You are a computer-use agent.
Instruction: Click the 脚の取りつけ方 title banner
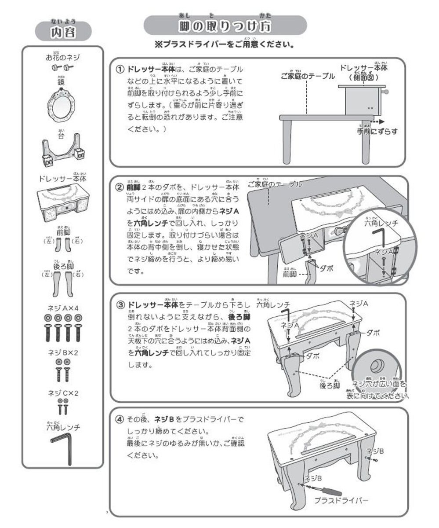coord(225,26)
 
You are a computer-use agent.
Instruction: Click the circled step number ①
coord(119,70)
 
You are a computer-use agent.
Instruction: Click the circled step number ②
coord(119,187)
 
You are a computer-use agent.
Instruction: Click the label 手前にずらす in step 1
coord(377,131)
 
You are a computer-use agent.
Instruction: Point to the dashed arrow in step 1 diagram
coord(377,121)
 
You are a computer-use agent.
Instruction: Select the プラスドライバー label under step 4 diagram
coord(341,501)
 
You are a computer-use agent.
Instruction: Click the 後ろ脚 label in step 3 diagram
coord(330,385)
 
